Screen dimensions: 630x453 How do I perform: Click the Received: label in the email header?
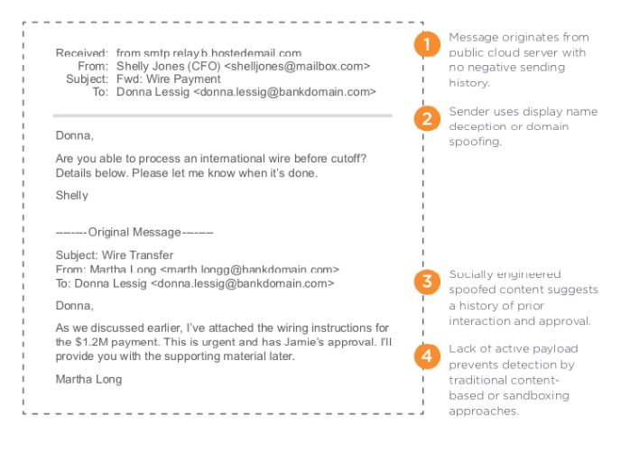(x=83, y=53)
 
